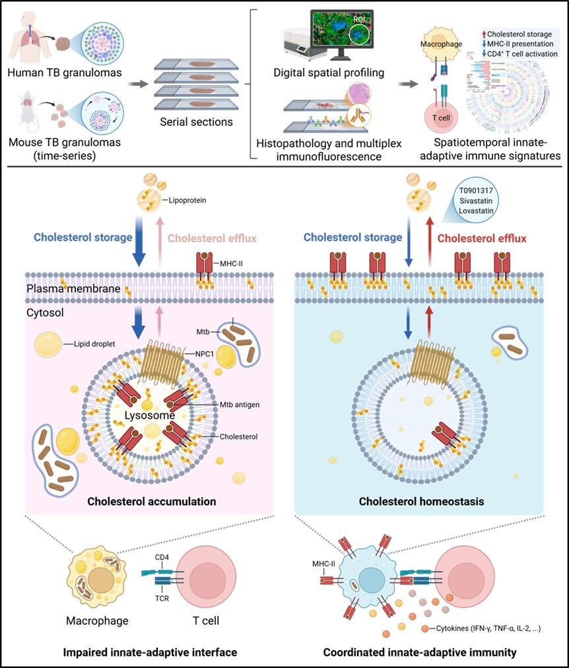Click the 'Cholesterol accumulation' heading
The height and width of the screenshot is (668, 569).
pyautogui.click(x=152, y=502)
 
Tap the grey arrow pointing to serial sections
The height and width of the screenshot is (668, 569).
pyautogui.click(x=137, y=84)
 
